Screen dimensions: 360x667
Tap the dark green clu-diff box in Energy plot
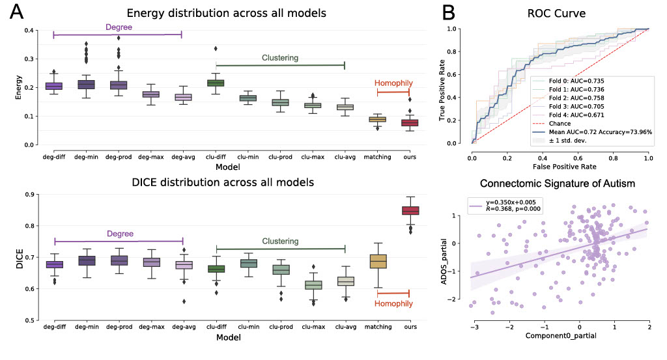tap(215, 83)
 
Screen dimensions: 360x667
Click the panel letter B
tap(431, 13)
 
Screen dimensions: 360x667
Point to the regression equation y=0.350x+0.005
tap(514, 201)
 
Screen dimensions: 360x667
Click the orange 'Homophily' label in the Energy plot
tap(393, 83)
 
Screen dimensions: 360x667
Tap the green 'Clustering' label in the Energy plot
tap(280, 57)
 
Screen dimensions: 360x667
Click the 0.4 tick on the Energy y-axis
tap(29, 31)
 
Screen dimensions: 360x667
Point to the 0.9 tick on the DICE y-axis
tap(29, 195)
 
